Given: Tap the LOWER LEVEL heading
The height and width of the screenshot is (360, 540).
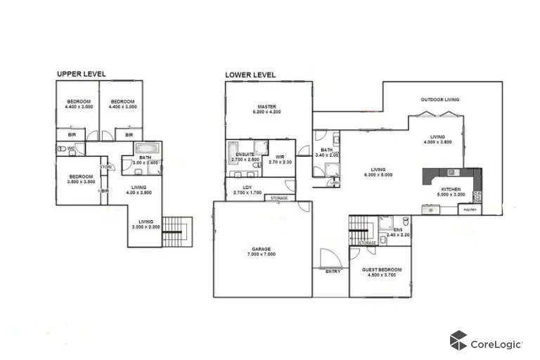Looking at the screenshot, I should click(250, 75).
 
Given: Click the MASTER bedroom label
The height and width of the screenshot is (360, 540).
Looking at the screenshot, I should click(266, 106).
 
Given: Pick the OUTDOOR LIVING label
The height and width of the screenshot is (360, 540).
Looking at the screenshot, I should click(439, 100).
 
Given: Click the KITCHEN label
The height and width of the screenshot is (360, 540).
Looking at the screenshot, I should click(450, 190).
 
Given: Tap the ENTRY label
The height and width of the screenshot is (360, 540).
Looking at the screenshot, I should click(333, 271).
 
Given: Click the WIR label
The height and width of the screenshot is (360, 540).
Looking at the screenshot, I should click(279, 157).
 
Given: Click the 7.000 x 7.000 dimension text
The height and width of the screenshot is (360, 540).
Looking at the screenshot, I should click(260, 254).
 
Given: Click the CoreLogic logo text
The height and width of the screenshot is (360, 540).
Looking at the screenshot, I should click(496, 344).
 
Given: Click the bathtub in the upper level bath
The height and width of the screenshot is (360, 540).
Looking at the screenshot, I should click(147, 148).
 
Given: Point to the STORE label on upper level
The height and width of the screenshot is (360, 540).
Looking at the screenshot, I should click(107, 167).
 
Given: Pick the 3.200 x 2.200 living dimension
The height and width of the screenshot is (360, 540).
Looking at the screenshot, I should click(146, 226).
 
